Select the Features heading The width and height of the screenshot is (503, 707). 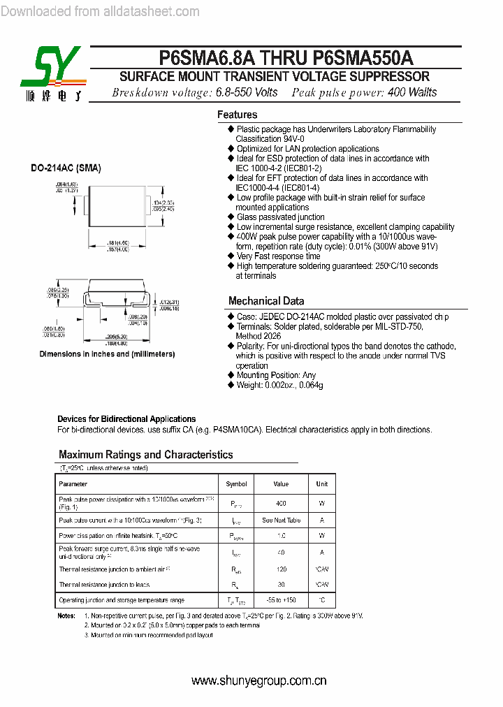237,115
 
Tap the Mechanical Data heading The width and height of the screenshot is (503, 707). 266,301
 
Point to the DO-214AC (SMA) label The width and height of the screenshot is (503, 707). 66,168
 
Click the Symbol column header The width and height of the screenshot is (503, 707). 236,484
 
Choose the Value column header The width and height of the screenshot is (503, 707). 281,484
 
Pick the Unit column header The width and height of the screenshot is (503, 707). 321,484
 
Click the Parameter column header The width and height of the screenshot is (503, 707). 73,484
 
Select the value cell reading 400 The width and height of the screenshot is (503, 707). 281,503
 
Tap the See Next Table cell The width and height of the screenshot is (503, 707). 281,520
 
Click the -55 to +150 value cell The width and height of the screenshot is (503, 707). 281,601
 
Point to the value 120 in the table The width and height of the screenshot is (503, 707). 281,569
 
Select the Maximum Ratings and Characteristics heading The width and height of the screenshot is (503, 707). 145,455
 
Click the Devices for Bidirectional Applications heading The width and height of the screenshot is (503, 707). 126,419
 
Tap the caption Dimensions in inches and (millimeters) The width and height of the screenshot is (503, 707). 107,354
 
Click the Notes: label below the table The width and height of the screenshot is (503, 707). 66,616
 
